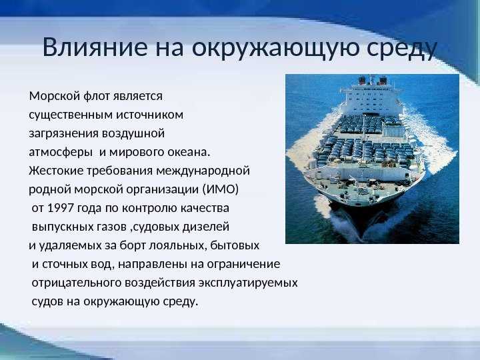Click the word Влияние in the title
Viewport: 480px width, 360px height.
[x=95, y=47]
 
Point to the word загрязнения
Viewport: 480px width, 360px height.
[x=64, y=134]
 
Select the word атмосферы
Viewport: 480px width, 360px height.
[x=61, y=153]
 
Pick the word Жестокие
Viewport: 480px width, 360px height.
[x=56, y=171]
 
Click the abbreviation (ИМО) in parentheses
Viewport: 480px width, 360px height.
[x=221, y=189]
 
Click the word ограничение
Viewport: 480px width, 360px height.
[x=244, y=264]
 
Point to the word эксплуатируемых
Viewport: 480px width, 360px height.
[x=248, y=283]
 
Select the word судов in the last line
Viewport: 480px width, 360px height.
[x=47, y=302]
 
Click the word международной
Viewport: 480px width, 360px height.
[x=203, y=171]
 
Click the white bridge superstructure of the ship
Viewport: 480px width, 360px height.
[x=371, y=98]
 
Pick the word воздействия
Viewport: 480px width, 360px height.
[x=160, y=283]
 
